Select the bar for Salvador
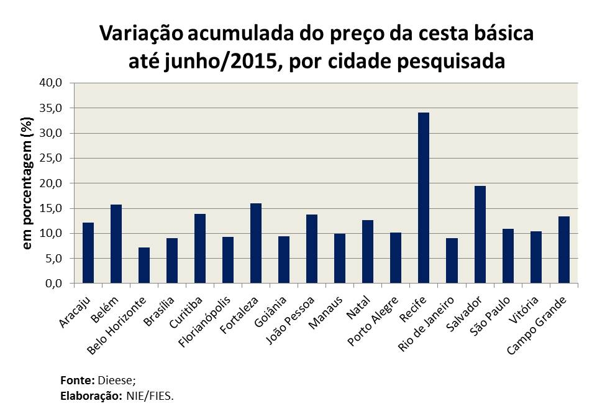click(480, 234)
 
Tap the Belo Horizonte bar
click(144, 266)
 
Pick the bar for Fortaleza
click(256, 243)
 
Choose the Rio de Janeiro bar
click(452, 261)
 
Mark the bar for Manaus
click(340, 259)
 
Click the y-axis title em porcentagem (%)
click(27, 183)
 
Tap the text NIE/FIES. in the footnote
click(150, 395)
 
